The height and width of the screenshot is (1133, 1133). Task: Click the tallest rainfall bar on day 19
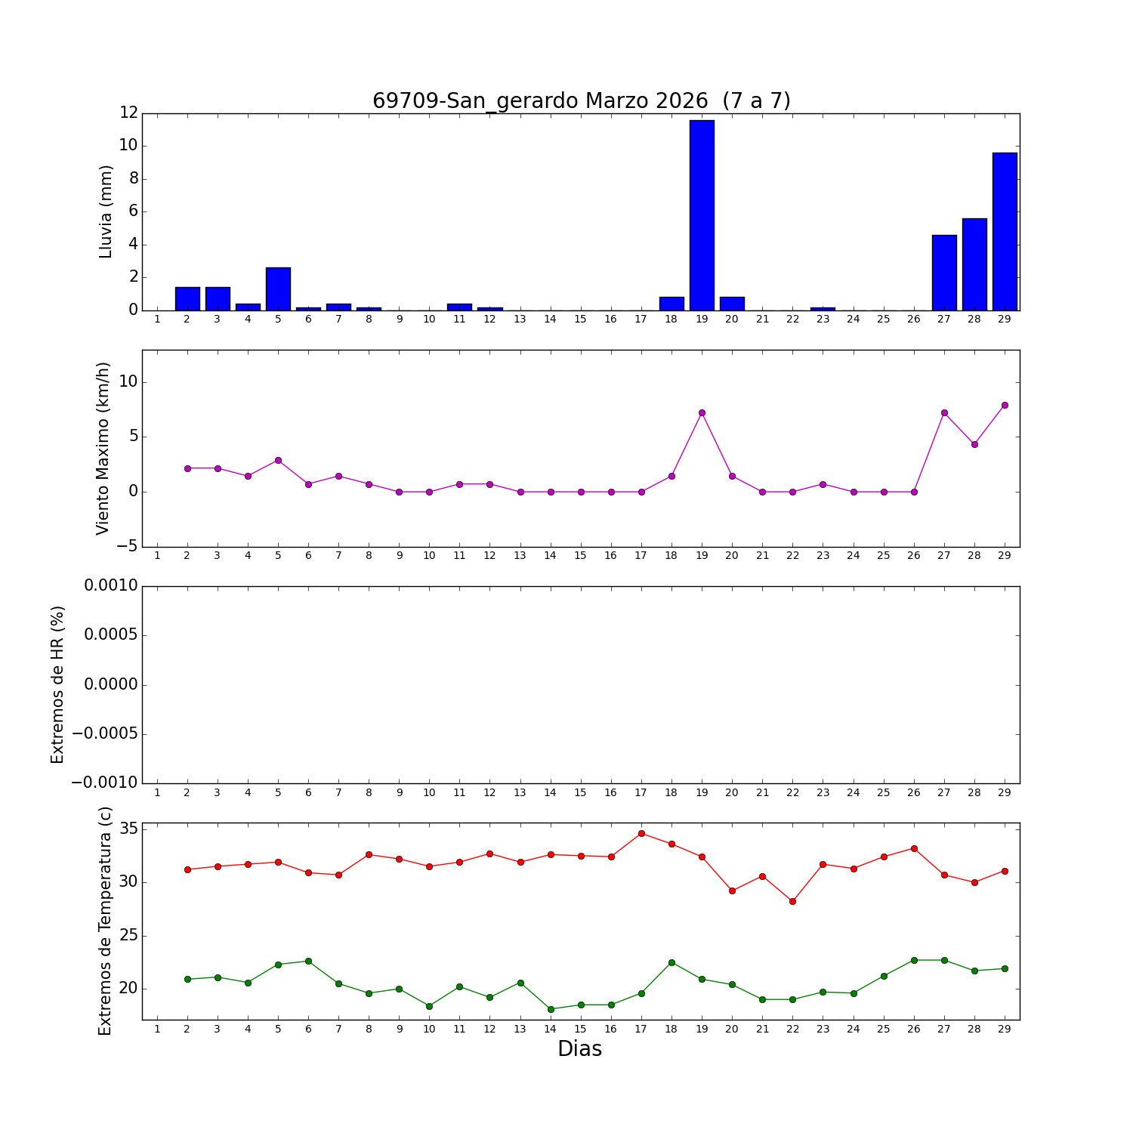pyautogui.click(x=702, y=215)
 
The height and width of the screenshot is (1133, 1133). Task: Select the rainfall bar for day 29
pyautogui.click(x=1005, y=231)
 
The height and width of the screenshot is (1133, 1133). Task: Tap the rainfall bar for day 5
pyautogui.click(x=278, y=289)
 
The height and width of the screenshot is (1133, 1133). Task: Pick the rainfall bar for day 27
pyautogui.click(x=944, y=273)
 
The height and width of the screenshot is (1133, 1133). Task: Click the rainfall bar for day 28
pyautogui.click(x=974, y=264)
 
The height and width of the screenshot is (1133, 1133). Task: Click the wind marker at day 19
pyautogui.click(x=702, y=412)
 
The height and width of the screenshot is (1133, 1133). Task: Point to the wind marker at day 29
pyautogui.click(x=1005, y=405)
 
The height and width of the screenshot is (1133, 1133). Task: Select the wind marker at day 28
pyautogui.click(x=974, y=444)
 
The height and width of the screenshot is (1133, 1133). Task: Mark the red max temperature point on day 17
pyautogui.click(x=641, y=833)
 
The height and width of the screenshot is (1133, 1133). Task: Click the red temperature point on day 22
pyautogui.click(x=792, y=901)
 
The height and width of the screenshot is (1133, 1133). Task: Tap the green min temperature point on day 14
pyautogui.click(x=551, y=1009)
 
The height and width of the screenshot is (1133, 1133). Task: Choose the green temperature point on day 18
pyautogui.click(x=671, y=962)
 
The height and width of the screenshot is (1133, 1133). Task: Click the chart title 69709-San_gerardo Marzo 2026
pyautogui.click(x=581, y=101)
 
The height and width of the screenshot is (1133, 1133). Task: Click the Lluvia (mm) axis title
pyautogui.click(x=106, y=211)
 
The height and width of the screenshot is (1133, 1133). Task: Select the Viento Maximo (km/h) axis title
pyautogui.click(x=103, y=448)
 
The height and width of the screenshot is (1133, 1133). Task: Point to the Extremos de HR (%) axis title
pyautogui.click(x=57, y=684)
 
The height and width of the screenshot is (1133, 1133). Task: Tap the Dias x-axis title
pyautogui.click(x=579, y=1049)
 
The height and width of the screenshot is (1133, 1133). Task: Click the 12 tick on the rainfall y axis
pyautogui.click(x=128, y=113)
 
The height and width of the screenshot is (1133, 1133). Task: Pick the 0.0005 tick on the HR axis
pyautogui.click(x=111, y=634)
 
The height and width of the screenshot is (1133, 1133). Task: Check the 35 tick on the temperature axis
pyautogui.click(x=128, y=829)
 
